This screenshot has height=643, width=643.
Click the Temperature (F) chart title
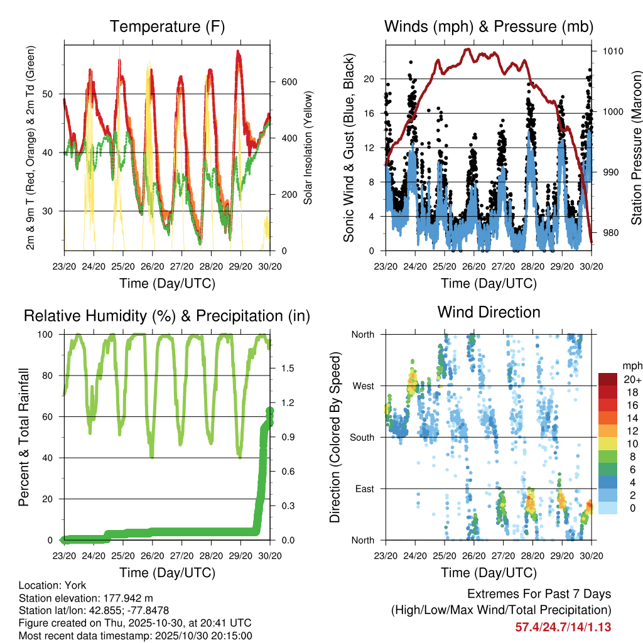pos(167,26)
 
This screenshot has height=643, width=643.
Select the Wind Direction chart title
pos(489,311)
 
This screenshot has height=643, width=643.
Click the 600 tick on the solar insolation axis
pos(288,82)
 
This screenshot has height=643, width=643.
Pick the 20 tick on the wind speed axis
pos(369,79)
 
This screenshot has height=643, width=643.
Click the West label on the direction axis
pos(362,386)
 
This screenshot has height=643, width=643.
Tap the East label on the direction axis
pos(364,489)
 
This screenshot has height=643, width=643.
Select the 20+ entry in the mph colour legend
pos(632,379)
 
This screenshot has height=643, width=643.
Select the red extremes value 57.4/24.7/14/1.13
pos(563,627)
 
